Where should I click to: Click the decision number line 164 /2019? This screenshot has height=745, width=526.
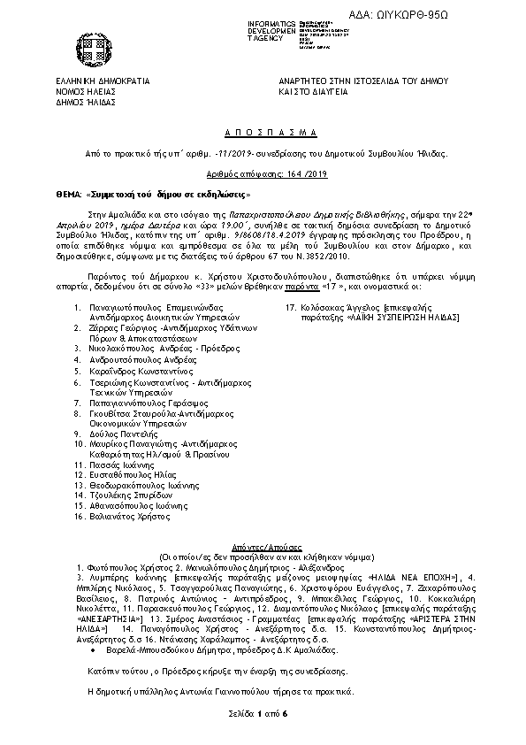[263, 176]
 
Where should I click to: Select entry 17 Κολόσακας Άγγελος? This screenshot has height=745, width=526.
[347, 307]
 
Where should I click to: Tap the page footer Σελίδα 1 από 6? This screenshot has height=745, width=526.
[263, 711]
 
